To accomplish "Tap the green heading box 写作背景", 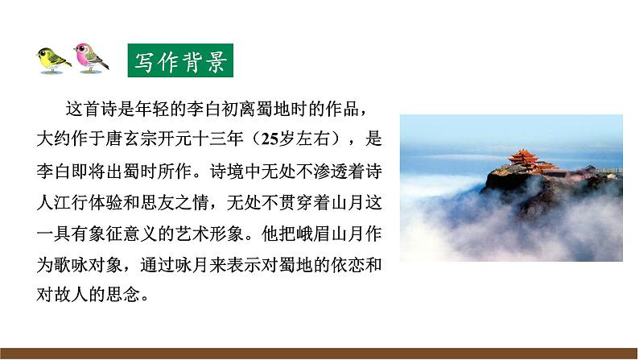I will tap(181, 61).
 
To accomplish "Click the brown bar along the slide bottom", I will tap(319, 353).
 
